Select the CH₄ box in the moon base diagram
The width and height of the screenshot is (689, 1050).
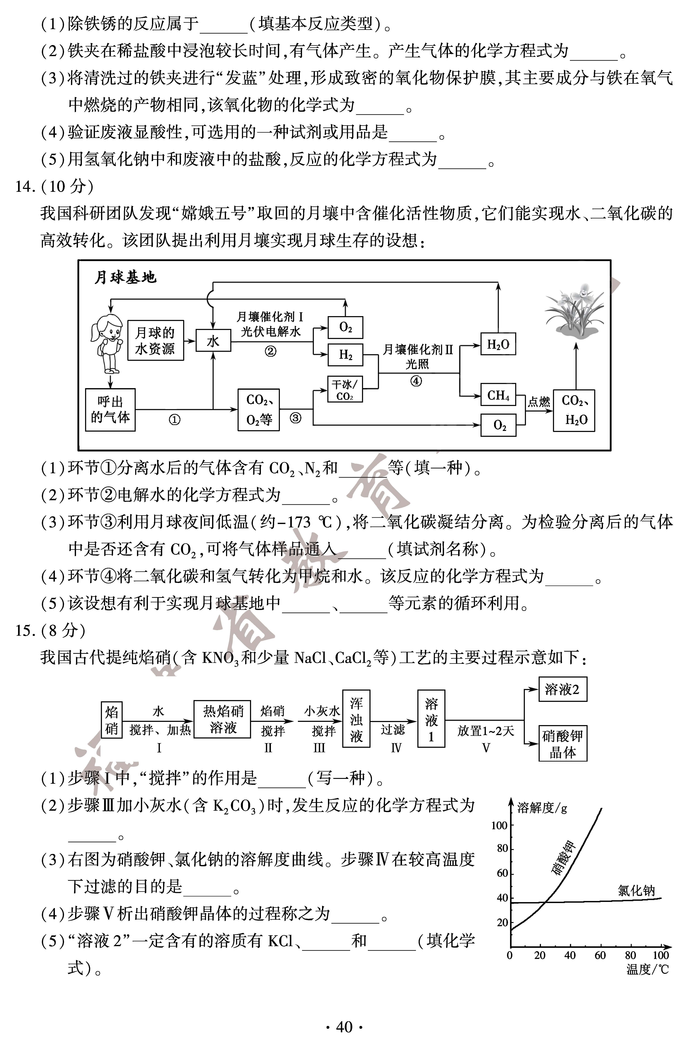[498, 395]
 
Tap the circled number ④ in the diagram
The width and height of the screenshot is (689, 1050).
[416, 381]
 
